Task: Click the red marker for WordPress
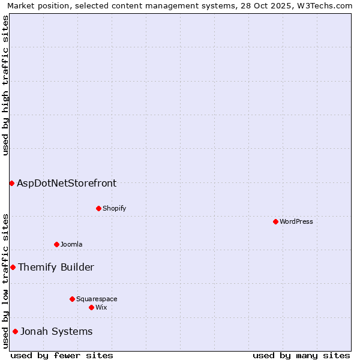click(x=275, y=221)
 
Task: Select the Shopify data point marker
click(x=98, y=208)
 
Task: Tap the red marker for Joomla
click(x=56, y=244)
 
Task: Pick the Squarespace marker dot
click(x=72, y=299)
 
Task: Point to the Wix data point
click(x=91, y=307)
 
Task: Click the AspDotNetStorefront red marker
click(x=11, y=183)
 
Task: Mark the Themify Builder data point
click(x=13, y=267)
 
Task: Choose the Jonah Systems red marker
click(x=15, y=331)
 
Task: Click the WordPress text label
click(x=296, y=221)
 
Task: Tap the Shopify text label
click(x=114, y=208)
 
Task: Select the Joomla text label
click(x=71, y=244)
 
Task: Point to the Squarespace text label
click(x=97, y=299)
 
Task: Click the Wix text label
click(x=101, y=307)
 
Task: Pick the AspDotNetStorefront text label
click(x=67, y=183)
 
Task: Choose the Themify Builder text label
click(x=56, y=267)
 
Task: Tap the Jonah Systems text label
click(x=56, y=331)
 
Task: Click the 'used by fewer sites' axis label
click(x=62, y=355)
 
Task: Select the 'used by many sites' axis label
click(x=301, y=355)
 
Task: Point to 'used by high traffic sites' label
click(x=5, y=85)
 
